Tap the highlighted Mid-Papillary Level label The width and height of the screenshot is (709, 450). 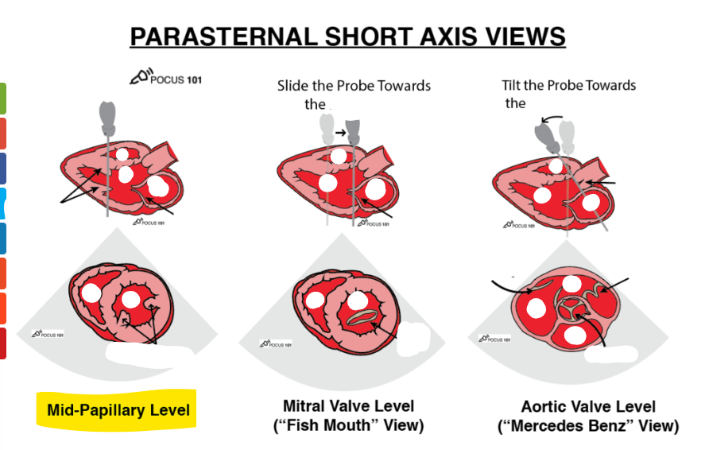coord(118,410)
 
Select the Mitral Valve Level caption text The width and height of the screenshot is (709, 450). coord(348,406)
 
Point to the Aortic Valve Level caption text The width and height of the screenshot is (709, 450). coord(589,406)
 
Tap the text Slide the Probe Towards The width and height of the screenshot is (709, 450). coord(354,85)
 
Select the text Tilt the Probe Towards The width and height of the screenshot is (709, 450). coord(569,85)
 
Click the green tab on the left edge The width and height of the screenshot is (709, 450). coord(2,98)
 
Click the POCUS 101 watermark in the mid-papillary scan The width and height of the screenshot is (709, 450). coord(48,334)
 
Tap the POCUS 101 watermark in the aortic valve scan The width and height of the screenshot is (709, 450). coord(494,339)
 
